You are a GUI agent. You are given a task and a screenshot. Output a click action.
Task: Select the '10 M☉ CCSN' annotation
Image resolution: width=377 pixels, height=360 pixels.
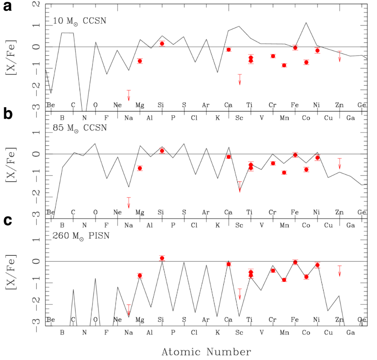coord(80,21)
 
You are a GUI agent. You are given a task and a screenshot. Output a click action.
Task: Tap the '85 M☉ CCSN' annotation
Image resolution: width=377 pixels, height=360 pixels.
coord(80,128)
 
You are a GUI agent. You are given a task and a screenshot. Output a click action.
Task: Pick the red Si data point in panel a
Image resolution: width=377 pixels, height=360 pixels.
coord(162,43)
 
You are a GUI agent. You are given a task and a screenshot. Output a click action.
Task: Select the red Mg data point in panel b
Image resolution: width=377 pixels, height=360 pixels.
coord(140,168)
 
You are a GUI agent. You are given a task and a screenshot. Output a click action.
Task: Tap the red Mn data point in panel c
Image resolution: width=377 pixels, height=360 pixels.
coord(284,280)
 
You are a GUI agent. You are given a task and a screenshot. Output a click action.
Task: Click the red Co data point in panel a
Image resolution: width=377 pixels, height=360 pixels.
coord(306,62)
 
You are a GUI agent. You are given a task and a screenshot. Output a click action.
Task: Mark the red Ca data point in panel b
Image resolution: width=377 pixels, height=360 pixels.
coord(228,157)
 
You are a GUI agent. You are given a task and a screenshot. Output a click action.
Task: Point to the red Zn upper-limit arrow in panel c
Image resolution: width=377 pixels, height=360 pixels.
coord(339,270)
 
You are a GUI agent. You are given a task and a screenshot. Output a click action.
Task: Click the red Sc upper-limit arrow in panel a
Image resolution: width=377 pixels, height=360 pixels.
coord(240,79)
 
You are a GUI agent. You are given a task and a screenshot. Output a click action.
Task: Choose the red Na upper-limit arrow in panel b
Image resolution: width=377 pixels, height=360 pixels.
coord(129,203)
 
